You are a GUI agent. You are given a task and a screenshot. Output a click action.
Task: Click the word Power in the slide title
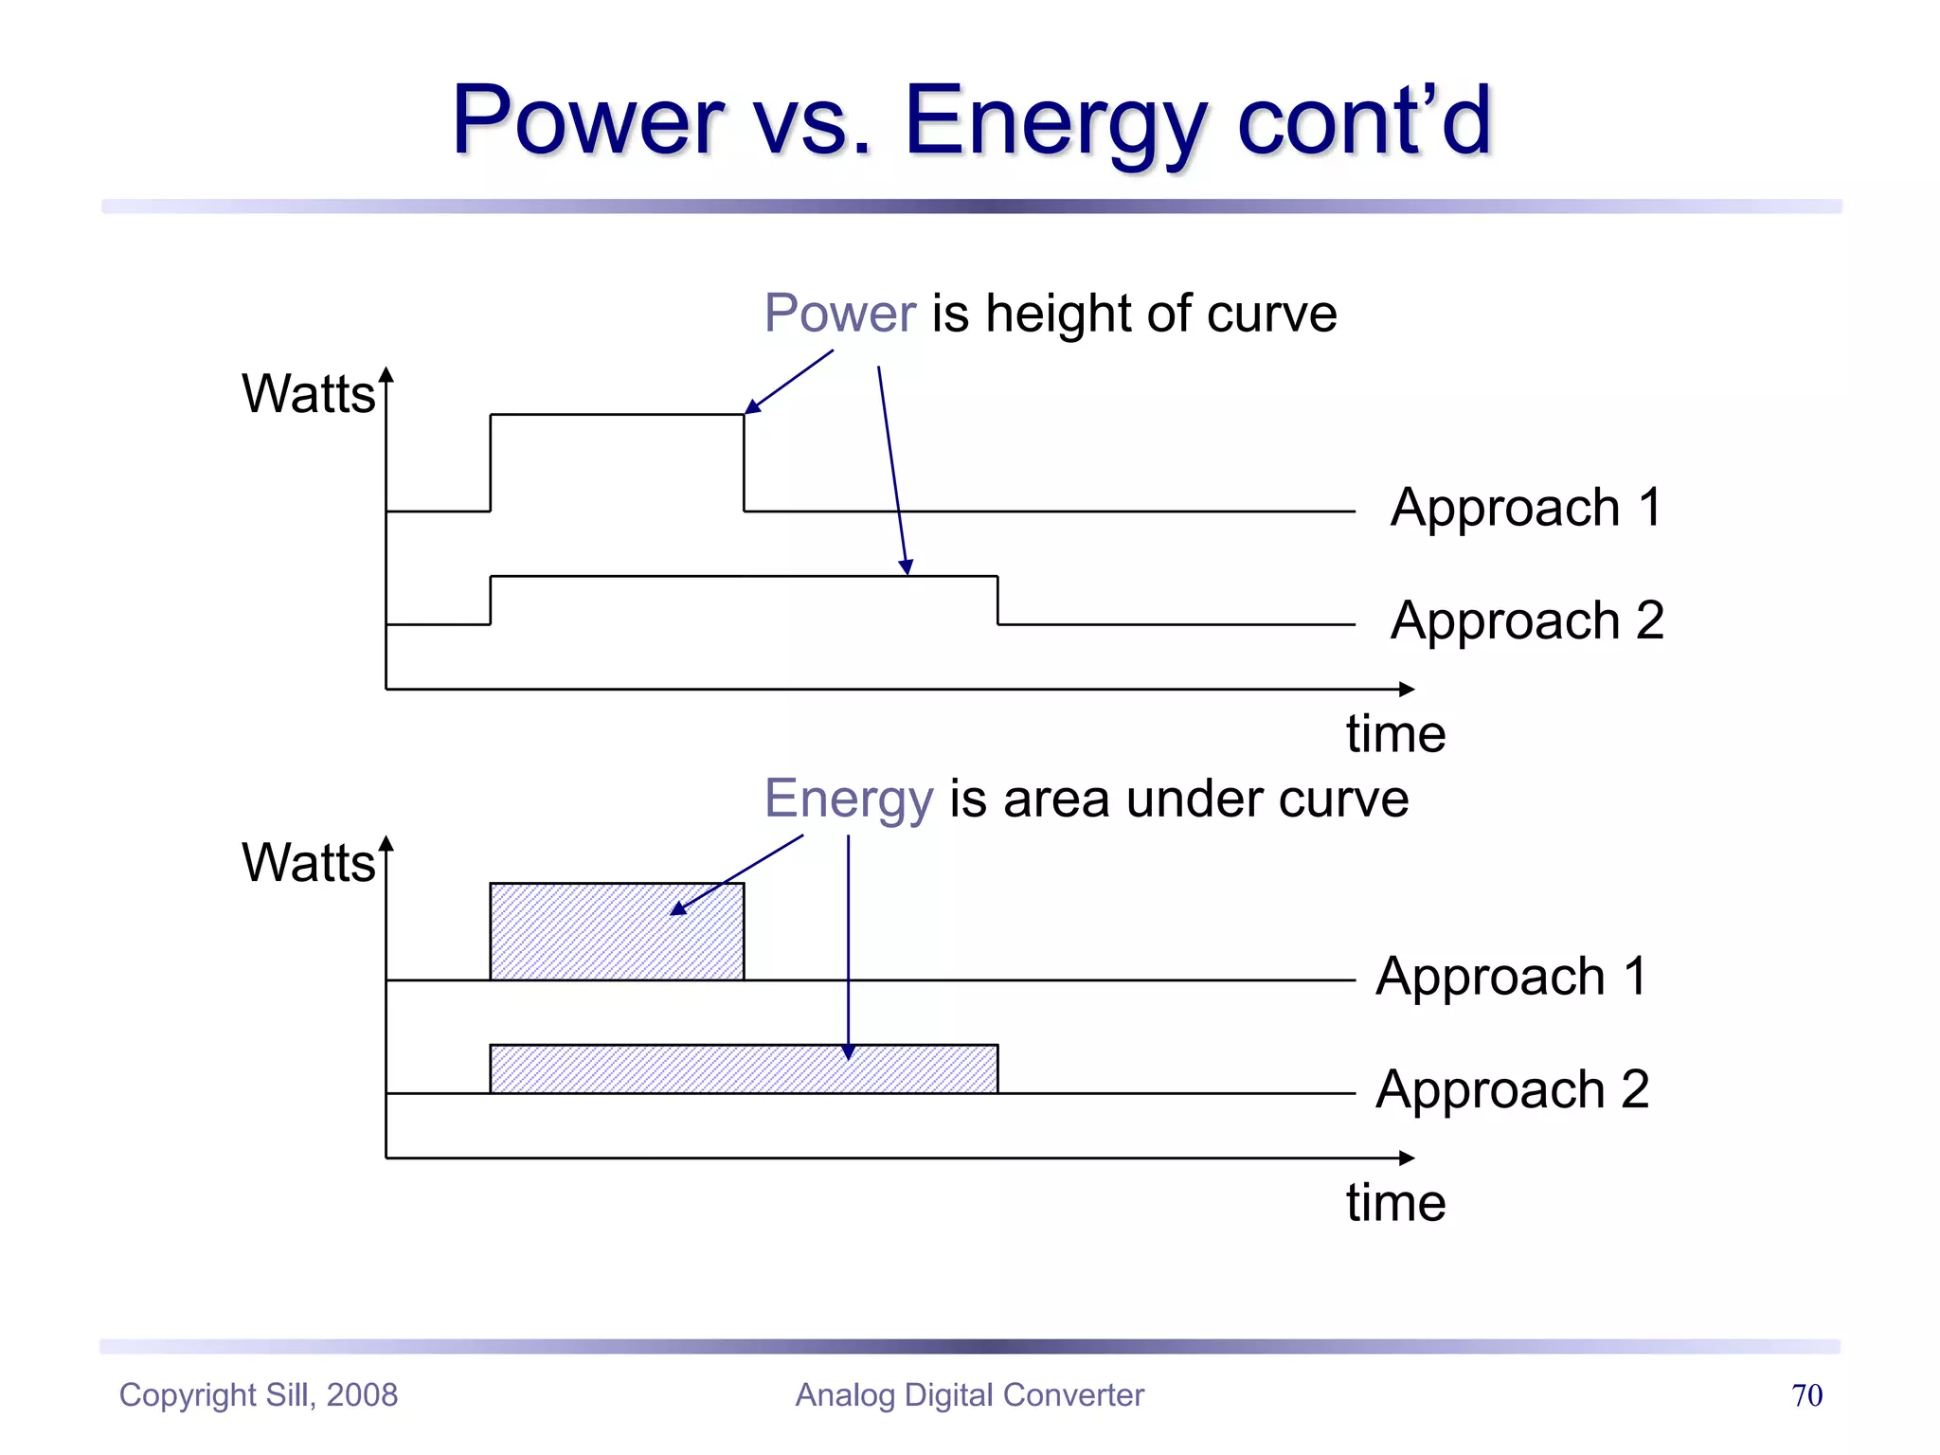point(587,120)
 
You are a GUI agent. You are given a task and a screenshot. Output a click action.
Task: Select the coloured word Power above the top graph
point(839,314)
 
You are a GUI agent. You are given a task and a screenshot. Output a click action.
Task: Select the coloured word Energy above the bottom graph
point(849,799)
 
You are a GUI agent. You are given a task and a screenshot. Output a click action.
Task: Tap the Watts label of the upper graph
point(308,394)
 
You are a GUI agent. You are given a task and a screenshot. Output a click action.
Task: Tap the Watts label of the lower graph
point(308,863)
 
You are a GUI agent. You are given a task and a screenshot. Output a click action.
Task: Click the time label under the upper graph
point(1395,734)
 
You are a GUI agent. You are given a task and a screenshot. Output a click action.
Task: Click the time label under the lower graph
point(1395,1203)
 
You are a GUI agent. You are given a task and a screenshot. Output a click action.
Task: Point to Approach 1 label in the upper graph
point(1526,508)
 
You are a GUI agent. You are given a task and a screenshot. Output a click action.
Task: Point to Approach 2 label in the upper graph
point(1526,621)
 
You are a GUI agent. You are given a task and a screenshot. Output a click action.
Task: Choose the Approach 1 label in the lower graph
point(1512,977)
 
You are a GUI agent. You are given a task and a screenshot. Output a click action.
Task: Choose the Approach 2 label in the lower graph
point(1512,1089)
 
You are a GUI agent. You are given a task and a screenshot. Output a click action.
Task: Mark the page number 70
point(1806,1395)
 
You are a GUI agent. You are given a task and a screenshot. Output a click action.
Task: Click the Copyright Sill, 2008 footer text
point(258,1395)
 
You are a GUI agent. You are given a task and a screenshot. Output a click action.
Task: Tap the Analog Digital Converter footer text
point(969,1395)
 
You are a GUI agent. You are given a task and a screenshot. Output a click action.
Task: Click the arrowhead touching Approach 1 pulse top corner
point(752,407)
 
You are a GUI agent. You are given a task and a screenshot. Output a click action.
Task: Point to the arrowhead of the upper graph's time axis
point(1407,690)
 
